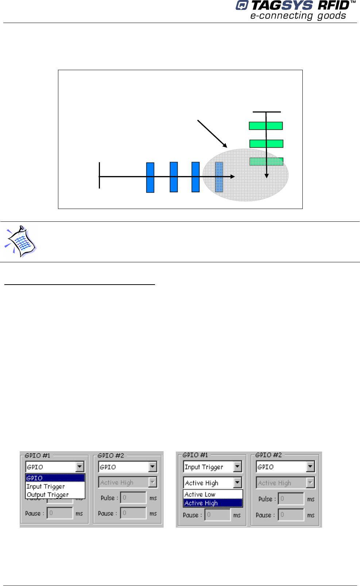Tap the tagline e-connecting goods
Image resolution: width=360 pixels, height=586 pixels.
coord(298,16)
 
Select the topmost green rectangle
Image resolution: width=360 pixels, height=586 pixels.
coord(266,126)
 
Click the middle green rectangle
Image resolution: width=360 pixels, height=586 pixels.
coord(266,144)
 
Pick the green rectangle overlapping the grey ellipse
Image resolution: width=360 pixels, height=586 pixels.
coord(266,161)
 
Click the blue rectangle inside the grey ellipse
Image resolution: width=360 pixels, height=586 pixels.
coord(219,177)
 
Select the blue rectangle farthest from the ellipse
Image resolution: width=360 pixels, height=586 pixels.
coord(150,178)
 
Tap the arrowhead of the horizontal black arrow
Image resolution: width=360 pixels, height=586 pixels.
coord(232,176)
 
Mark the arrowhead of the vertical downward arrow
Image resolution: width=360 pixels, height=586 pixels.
coord(267,176)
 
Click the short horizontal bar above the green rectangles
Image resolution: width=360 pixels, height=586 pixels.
coord(267,112)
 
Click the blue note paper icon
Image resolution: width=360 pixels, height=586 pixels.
coord(21,241)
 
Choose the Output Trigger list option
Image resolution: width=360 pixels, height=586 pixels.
coord(47,495)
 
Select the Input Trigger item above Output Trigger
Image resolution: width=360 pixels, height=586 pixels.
coord(46,487)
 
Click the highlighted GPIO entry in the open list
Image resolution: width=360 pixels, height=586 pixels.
coord(55,478)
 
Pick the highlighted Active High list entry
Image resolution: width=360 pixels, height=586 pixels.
coord(213,503)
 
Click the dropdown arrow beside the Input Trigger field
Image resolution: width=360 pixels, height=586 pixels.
coord(237,467)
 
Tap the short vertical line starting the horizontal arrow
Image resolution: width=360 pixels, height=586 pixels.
coord(99,175)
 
